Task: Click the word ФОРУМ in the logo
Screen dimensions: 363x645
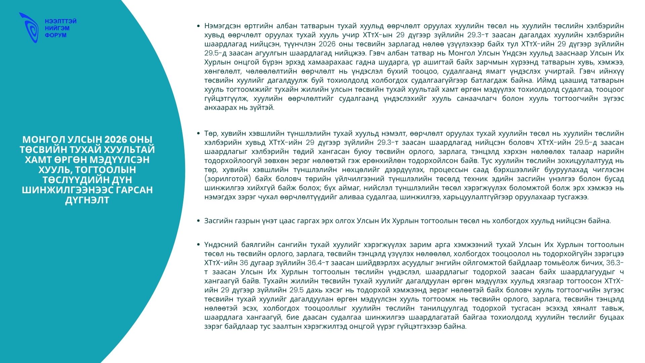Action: pyautogui.click(x=56, y=35)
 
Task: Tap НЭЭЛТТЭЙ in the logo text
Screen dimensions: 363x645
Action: pyautogui.click(x=61, y=21)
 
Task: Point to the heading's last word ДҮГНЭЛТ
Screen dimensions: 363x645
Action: pyautogui.click(x=87, y=200)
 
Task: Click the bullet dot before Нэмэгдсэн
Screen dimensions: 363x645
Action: pyautogui.click(x=199, y=26)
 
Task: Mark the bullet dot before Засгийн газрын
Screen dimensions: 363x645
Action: pyautogui.click(x=199, y=221)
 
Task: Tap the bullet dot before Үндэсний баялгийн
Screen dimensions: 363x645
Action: pyautogui.click(x=199, y=245)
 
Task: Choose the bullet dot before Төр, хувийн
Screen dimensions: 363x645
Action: pyautogui.click(x=199, y=133)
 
